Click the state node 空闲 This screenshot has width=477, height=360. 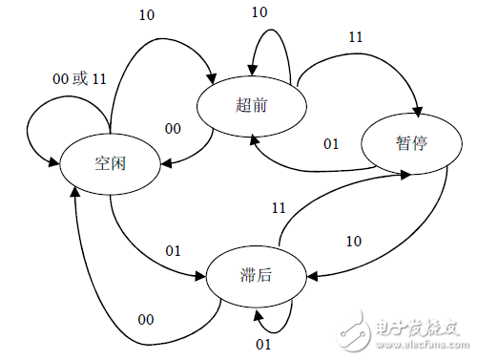[112, 162]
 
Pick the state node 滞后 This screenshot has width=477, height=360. [253, 277]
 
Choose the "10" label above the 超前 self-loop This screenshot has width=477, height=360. [259, 12]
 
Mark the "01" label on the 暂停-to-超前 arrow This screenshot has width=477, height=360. [331, 145]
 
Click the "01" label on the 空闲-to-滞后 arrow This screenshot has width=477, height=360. [174, 251]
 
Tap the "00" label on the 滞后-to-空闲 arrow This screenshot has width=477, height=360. [145, 319]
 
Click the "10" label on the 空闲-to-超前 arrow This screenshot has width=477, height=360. [148, 14]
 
